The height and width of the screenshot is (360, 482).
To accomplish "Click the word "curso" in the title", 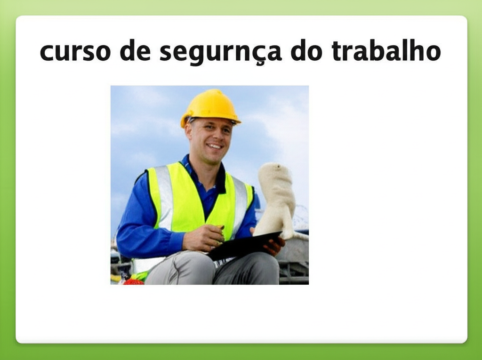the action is click(x=75, y=52).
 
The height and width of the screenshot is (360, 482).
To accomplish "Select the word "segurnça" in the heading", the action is click(x=220, y=52).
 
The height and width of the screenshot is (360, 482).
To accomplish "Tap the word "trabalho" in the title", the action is click(x=386, y=50).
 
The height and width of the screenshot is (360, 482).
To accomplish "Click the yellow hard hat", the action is click(x=210, y=108).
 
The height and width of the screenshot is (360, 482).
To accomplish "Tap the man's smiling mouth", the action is click(x=214, y=146).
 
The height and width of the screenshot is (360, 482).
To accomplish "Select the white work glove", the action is click(x=276, y=201).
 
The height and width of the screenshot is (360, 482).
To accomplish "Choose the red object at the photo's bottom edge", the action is click(x=133, y=281).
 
